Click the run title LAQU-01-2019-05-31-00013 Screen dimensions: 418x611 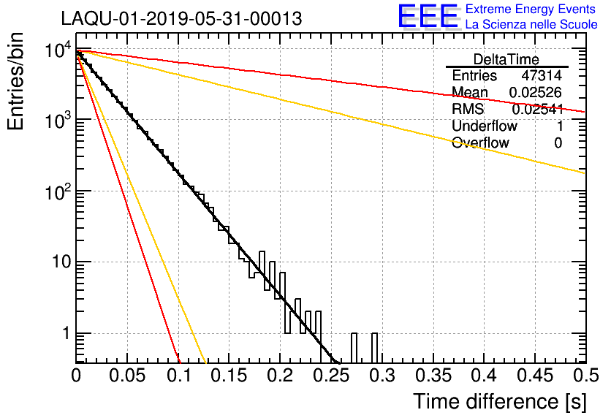point(181,19)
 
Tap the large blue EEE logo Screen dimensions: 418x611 point(428,16)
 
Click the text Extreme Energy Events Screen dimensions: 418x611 point(531,9)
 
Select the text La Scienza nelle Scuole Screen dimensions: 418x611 point(531,25)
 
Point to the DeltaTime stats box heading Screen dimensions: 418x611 point(506,58)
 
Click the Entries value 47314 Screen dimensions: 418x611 point(542,76)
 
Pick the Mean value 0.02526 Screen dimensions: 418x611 point(536,93)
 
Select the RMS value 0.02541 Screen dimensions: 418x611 point(536,110)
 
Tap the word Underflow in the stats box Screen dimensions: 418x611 point(484,126)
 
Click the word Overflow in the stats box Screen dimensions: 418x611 point(480,143)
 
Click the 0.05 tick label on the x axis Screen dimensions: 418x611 point(127,376)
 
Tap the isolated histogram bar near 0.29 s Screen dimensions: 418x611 point(374,348)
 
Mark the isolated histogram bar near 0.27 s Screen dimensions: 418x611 point(354,348)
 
